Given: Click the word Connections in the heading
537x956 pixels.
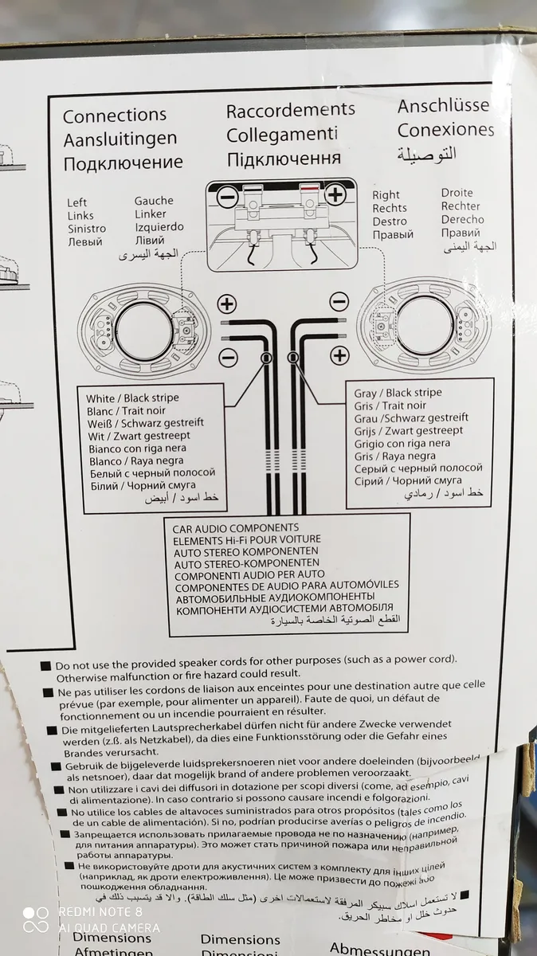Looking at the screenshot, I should (115, 116).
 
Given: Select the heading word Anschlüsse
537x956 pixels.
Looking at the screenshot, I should (443, 106).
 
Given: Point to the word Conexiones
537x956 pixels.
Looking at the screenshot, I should (445, 130).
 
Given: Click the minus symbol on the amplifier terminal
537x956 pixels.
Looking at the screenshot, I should (227, 195).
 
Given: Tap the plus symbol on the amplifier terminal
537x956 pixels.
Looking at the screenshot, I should (335, 194).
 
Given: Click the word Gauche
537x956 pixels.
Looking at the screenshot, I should (153, 202).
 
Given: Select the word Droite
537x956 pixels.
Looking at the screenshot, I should (457, 193).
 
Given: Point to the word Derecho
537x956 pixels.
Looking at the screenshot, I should (462, 219).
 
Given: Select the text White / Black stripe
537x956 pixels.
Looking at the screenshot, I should (132, 398).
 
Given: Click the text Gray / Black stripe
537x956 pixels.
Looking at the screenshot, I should (398, 393).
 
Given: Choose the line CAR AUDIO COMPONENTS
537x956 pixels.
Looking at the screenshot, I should (236, 528).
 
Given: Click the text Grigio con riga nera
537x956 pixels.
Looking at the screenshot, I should (402, 444).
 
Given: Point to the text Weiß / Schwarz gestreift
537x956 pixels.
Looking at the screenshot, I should (145, 423).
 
